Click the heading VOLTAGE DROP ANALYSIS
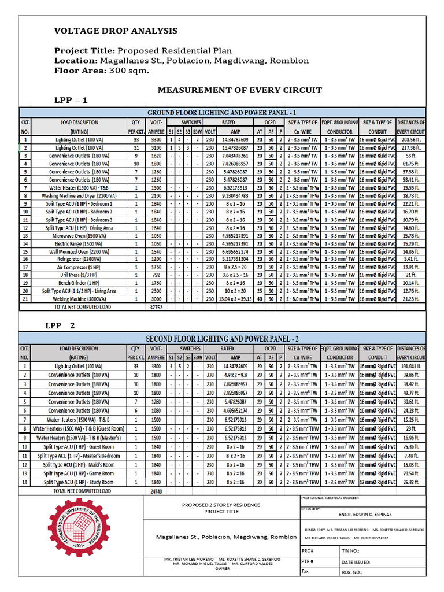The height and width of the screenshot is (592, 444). coord(116,31)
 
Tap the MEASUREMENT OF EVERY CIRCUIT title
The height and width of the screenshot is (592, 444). coord(240,90)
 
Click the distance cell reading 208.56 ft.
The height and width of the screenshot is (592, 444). coord(411,140)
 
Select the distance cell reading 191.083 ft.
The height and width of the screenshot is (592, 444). coord(411,366)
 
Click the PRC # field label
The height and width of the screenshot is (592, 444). coord(308,551)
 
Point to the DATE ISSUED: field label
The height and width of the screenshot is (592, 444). coord(356,561)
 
